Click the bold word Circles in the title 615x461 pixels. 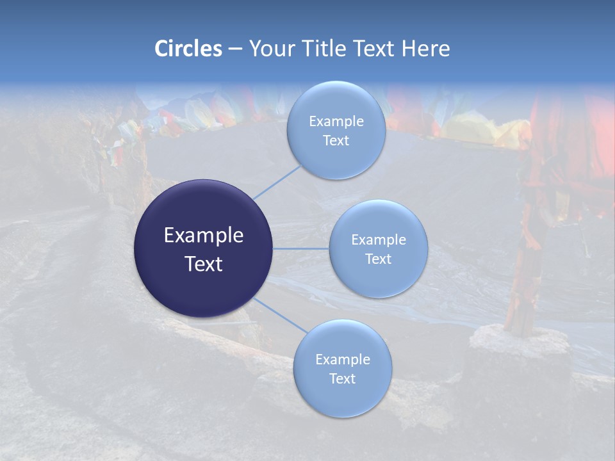click(x=188, y=49)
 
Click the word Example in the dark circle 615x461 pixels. click(x=204, y=236)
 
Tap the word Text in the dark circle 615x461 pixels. click(x=204, y=263)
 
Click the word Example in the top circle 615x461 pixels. click(x=336, y=122)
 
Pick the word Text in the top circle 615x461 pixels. click(x=336, y=140)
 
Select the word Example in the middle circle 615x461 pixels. click(x=378, y=240)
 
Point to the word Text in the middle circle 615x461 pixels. click(x=378, y=259)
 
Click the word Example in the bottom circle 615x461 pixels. click(x=342, y=360)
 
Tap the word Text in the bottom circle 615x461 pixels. click(x=342, y=378)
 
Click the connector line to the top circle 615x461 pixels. click(x=277, y=181)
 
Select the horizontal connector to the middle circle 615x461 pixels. click(x=300, y=248)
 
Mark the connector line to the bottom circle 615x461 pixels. click(x=281, y=315)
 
